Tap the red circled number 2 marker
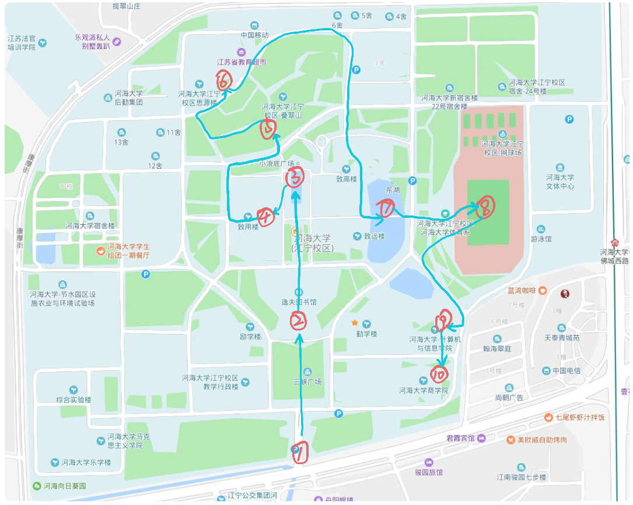298,320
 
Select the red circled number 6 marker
223,79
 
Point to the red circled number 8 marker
485,206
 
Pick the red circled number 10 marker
439,374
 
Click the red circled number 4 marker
265,217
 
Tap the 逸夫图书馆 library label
299,302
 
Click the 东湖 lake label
393,190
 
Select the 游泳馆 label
541,239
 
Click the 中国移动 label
254,35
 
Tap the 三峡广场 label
307,381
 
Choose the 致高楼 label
346,179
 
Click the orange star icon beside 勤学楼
354,322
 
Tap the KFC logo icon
564,294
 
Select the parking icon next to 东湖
413,180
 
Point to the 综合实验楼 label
74,399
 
